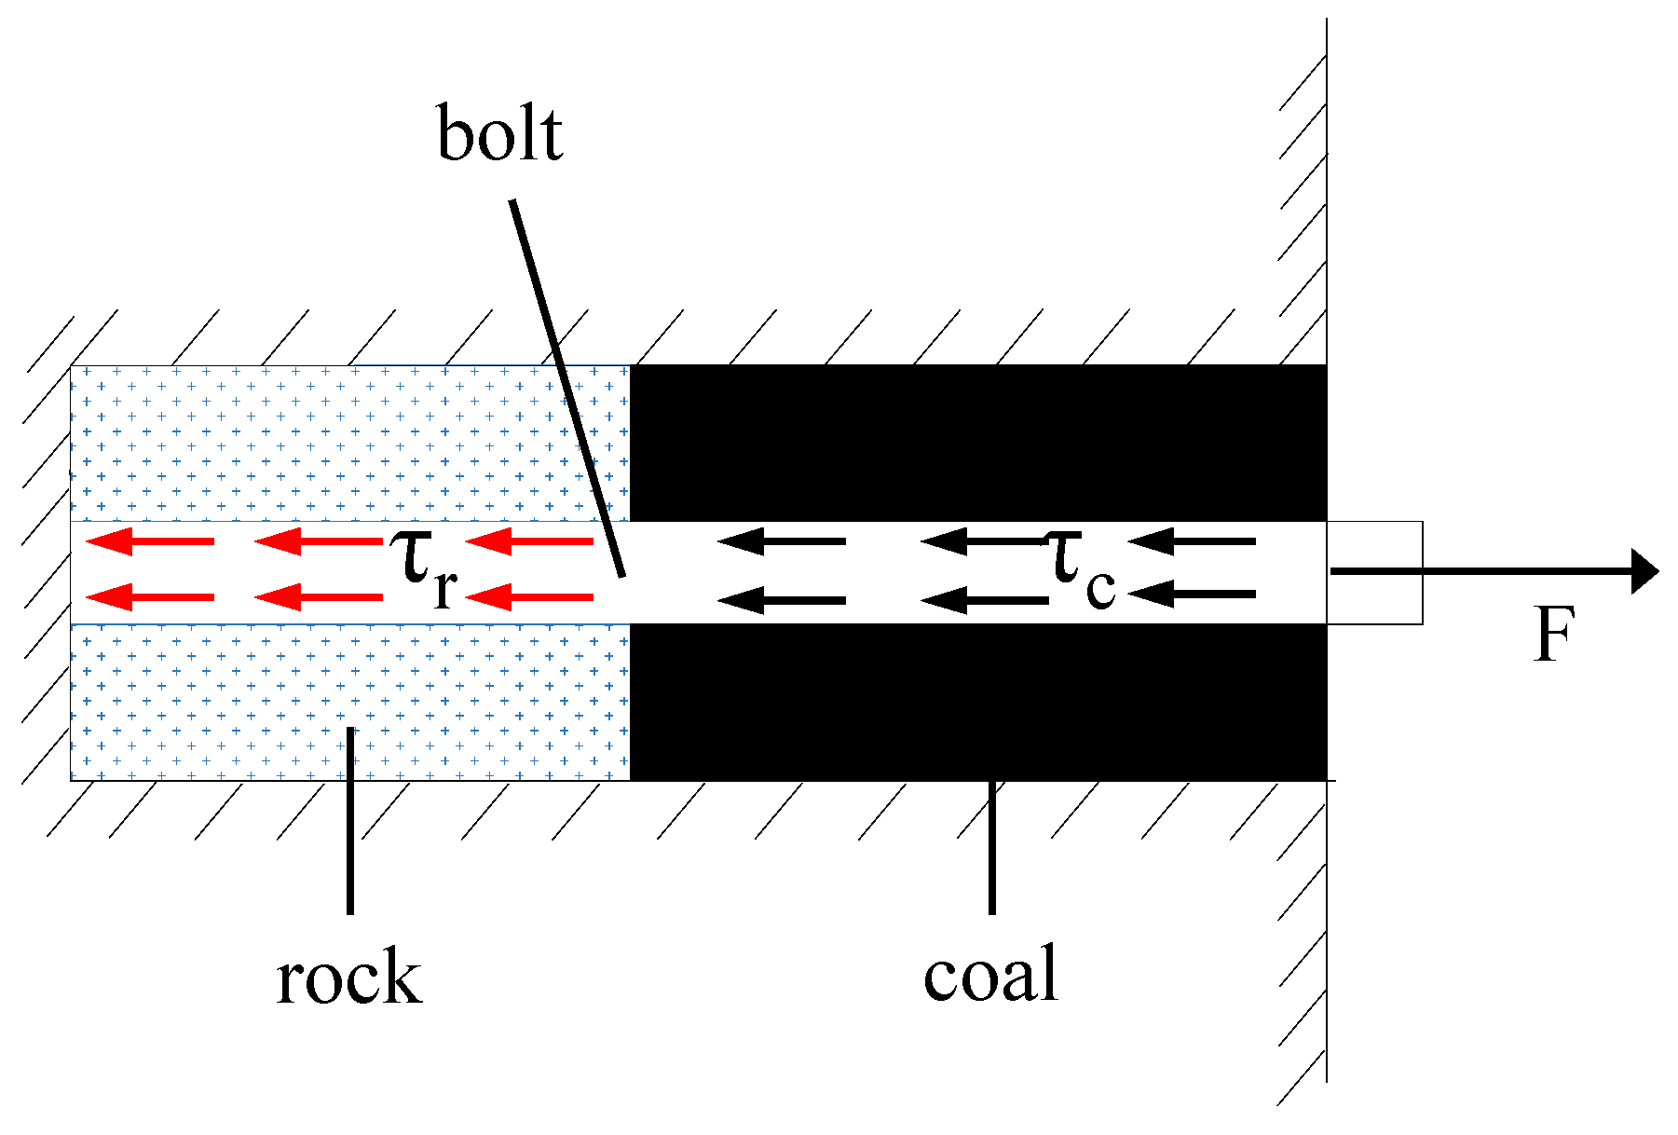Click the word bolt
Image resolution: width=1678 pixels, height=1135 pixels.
tap(499, 136)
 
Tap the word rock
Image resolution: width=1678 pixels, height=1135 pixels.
tap(349, 978)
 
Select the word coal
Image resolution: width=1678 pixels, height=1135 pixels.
tap(990, 975)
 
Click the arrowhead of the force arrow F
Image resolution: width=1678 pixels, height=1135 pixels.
tap(1644, 571)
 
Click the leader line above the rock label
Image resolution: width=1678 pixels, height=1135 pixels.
tap(350, 820)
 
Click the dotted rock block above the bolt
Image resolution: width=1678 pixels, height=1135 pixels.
tap(349, 443)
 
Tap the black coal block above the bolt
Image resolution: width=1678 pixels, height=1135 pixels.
tap(978, 443)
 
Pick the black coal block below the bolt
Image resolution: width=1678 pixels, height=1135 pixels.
tap(978, 702)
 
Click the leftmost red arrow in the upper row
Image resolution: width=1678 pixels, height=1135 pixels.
tap(150, 540)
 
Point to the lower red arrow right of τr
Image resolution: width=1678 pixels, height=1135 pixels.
tap(529, 596)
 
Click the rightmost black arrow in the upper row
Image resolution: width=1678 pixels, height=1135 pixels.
tap(1192, 540)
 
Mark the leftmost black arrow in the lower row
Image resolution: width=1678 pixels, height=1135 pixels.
tap(783, 600)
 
